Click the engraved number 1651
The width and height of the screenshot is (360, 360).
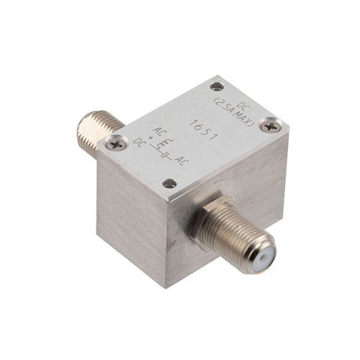click(x=204, y=130)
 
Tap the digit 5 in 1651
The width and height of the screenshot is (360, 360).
click(x=207, y=132)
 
